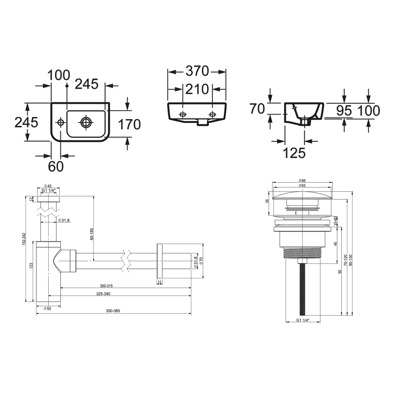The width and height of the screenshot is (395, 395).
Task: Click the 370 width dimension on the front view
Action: click(x=197, y=71)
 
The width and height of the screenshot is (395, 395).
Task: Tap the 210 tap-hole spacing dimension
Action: click(x=197, y=89)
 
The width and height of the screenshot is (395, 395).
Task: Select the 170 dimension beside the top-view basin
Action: click(x=129, y=125)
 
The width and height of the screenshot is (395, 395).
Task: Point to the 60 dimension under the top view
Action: click(x=56, y=166)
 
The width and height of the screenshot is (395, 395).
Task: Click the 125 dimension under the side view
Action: click(x=294, y=153)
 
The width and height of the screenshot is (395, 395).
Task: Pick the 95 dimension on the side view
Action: click(x=344, y=111)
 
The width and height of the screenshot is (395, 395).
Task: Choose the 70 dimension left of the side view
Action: click(x=257, y=108)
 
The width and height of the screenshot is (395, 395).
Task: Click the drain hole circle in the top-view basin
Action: click(x=85, y=122)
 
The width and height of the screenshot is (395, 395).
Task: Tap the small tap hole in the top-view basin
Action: click(x=61, y=122)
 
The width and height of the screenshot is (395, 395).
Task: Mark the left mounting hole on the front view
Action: click(x=182, y=115)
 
